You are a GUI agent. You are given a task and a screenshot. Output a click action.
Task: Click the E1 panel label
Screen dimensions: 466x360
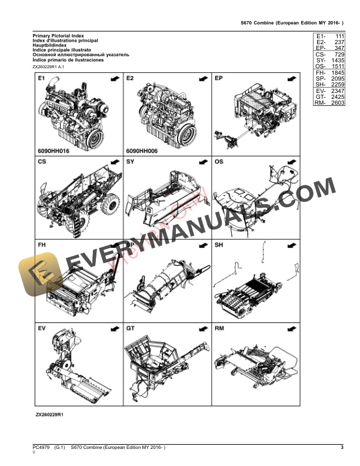(x=41, y=78)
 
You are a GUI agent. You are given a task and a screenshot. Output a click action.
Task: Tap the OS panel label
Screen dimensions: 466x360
(x=219, y=161)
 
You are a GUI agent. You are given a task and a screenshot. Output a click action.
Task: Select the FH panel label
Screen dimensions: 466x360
(x=42, y=244)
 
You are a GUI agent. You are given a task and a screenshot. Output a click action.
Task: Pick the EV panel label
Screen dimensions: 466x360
(x=42, y=327)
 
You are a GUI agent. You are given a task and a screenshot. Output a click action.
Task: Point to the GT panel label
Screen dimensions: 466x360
(x=131, y=327)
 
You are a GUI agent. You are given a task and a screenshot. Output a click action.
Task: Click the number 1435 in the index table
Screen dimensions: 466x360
(x=337, y=61)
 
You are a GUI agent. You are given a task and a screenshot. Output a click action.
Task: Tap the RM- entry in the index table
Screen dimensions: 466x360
(x=320, y=103)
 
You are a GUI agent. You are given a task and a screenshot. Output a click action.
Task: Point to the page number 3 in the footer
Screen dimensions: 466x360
(x=342, y=448)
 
